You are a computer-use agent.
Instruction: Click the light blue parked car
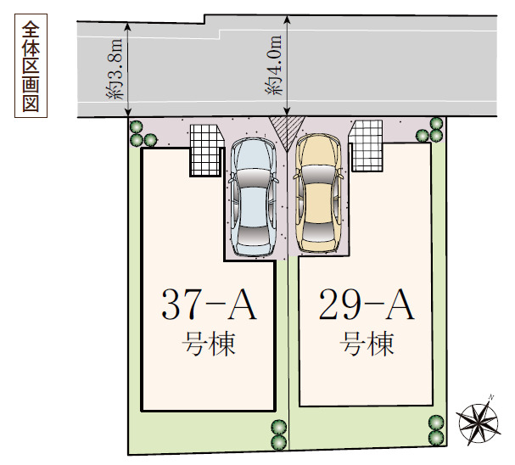coord(253,196)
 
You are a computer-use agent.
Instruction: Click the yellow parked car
coord(318,193)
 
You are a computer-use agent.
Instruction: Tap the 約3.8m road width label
coord(115,69)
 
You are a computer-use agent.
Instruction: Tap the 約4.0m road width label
coord(273,65)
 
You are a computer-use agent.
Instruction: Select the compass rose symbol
coord(479,421)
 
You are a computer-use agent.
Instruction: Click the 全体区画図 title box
coord(31,65)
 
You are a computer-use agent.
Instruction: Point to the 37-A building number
coord(209,304)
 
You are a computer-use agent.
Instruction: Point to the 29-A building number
coord(367,304)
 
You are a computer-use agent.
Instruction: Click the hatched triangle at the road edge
coord(287,131)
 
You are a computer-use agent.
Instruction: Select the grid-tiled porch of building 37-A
coord(207,150)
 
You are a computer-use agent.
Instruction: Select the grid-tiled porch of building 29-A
coord(367,146)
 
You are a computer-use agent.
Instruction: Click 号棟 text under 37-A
coord(209,344)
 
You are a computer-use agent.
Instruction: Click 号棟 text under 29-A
coord(367,344)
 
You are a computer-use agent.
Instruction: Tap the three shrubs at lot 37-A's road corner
coord(141,134)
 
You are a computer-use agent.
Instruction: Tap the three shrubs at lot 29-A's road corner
coord(431,130)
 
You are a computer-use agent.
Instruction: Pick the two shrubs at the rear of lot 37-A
coord(279,434)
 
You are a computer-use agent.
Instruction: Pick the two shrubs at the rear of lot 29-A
coord(436,430)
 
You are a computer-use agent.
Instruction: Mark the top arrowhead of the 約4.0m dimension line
coord(287,20)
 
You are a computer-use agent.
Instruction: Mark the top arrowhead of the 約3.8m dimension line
coord(128,26)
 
